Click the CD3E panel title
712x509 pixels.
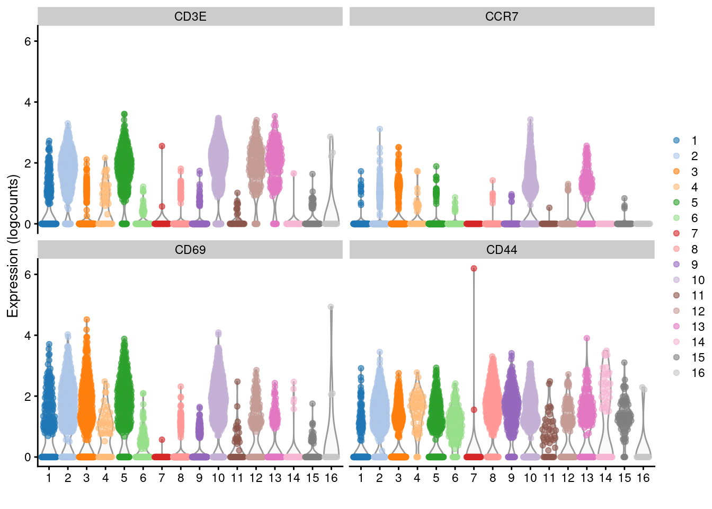click(190, 16)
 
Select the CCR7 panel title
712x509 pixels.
click(502, 16)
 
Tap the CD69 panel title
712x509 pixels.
click(190, 250)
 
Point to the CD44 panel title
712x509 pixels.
click(502, 250)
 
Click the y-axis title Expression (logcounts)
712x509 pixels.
click(13, 246)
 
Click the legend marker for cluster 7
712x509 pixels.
click(677, 233)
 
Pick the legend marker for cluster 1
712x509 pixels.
click(677, 141)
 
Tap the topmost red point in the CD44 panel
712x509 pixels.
click(474, 268)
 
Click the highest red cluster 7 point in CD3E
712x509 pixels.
click(162, 146)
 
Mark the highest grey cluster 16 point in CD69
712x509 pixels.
click(331, 306)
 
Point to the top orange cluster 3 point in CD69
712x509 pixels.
click(86, 320)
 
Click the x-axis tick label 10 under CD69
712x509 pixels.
click(218, 478)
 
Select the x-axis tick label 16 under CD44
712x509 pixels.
click(643, 478)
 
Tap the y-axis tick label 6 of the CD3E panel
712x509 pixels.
click(28, 41)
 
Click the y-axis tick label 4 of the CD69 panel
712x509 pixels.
click(28, 336)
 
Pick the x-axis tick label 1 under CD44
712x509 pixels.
click(361, 478)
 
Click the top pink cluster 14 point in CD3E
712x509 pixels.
click(293, 173)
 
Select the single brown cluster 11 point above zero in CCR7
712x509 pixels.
click(549, 208)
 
